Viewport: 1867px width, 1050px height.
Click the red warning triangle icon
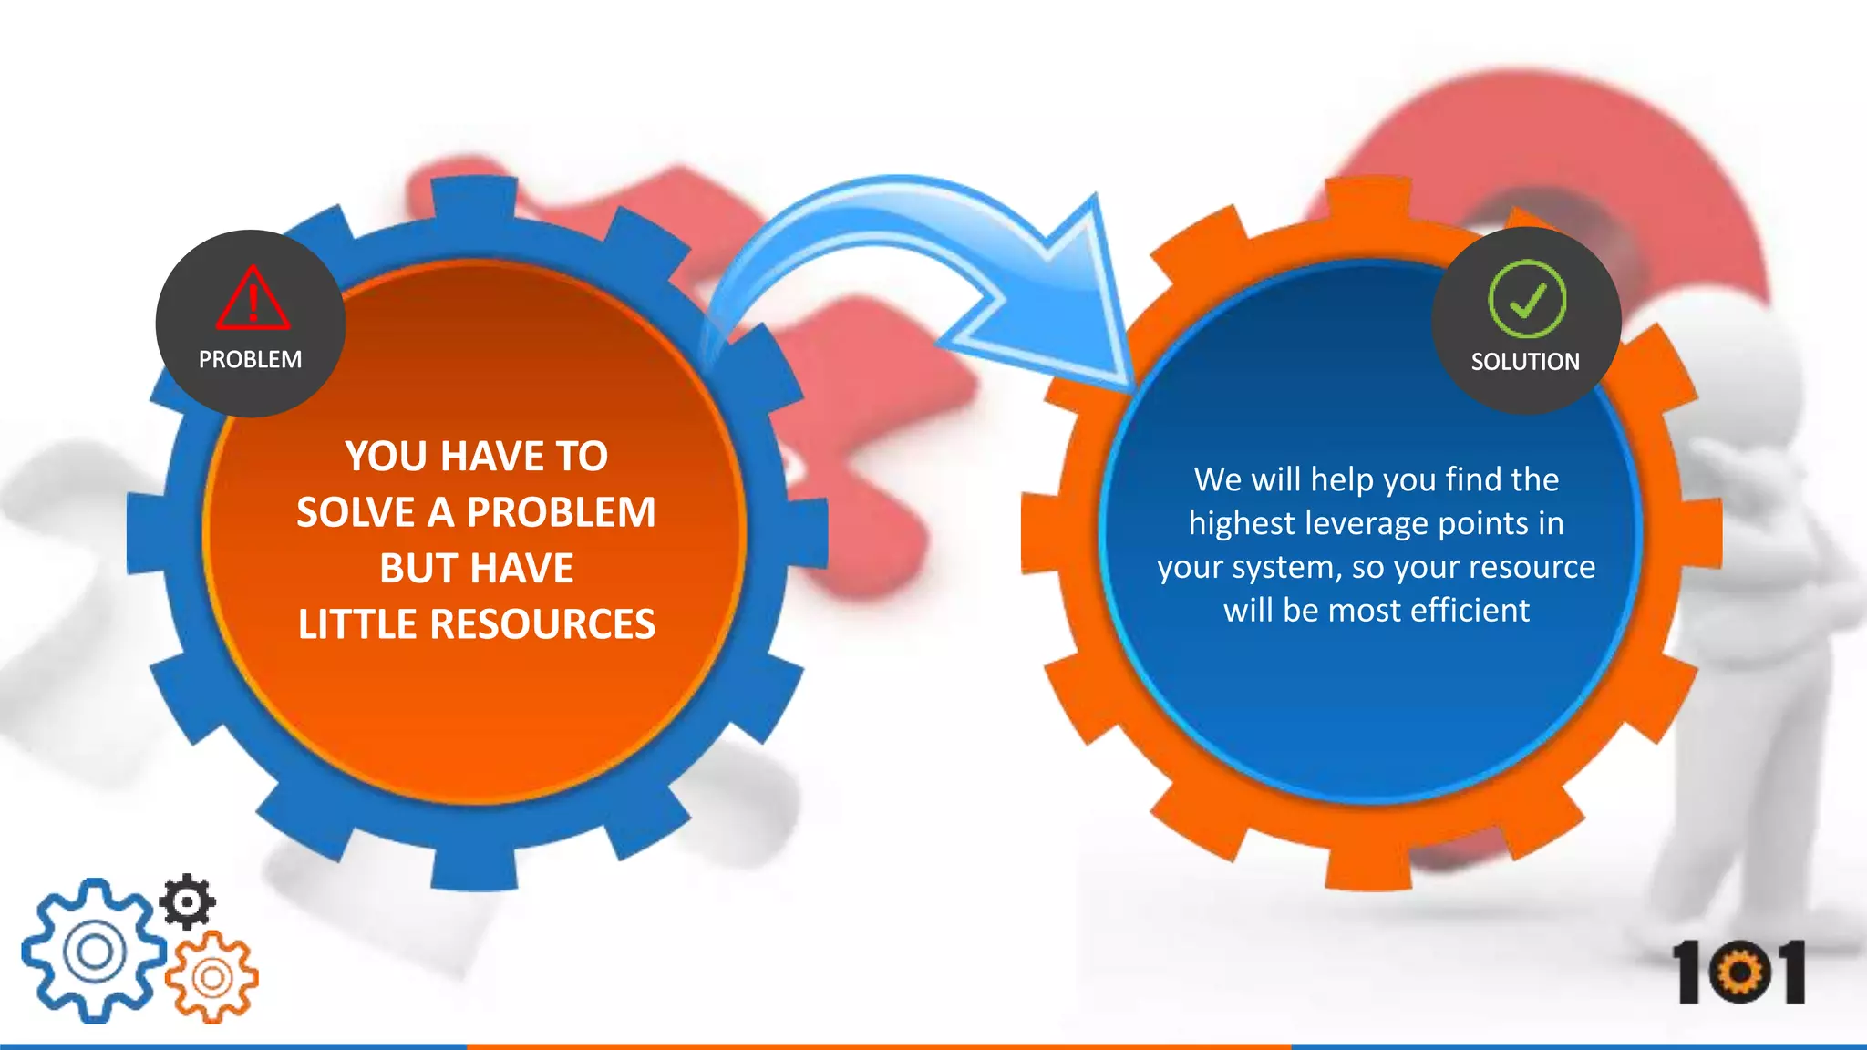[x=253, y=299]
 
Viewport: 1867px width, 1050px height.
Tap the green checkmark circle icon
[x=1527, y=299]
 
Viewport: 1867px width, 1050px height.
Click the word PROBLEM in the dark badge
[x=250, y=360]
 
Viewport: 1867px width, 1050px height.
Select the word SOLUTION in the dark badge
[x=1525, y=362]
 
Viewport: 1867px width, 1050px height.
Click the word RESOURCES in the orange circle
[x=542, y=624]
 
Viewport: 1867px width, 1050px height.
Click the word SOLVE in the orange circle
[x=356, y=512]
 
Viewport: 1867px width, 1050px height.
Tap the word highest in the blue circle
[x=1242, y=524]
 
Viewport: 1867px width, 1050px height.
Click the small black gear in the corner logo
[x=188, y=901]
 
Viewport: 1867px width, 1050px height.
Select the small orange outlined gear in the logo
[x=212, y=977]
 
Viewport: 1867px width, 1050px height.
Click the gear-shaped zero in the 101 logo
[x=1740, y=973]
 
